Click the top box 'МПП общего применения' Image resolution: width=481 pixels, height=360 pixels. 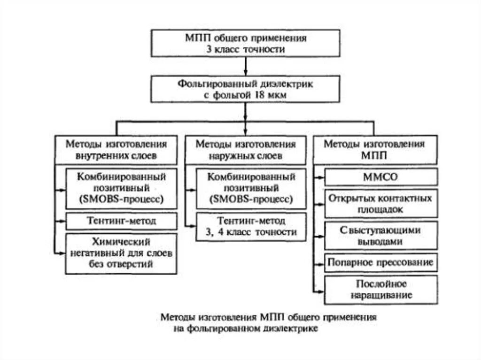[x=245, y=43]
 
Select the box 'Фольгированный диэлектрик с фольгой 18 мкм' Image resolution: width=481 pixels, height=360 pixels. [x=245, y=90]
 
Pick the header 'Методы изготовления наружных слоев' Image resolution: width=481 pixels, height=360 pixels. [x=245, y=149]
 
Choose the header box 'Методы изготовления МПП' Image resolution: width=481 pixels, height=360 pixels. [x=374, y=149]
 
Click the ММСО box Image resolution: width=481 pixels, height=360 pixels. [x=381, y=177]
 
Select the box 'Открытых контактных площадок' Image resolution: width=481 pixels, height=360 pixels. [x=381, y=204]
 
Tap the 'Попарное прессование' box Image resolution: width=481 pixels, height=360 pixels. [x=381, y=262]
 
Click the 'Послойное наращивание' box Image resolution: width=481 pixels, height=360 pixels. [x=381, y=289]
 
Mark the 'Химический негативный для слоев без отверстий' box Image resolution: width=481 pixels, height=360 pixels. [x=121, y=253]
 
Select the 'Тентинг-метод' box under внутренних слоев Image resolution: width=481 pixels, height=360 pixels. [x=121, y=221]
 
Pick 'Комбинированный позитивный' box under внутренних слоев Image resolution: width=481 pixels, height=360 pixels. [x=121, y=188]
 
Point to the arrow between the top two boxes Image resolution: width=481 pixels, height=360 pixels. [x=245, y=67]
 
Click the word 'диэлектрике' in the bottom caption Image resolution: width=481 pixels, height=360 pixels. [x=292, y=329]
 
